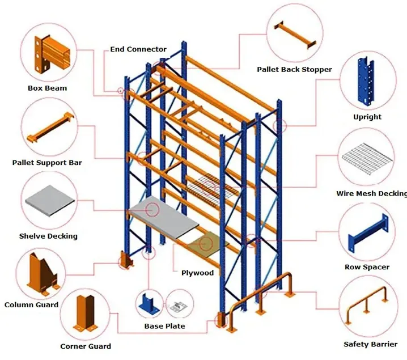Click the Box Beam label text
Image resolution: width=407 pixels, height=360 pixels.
[47, 88]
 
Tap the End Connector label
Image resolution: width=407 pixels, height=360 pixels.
[138, 49]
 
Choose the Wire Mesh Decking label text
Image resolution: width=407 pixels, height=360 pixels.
[371, 193]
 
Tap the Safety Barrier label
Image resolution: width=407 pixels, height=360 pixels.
[371, 344]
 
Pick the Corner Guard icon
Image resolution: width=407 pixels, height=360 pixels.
[87, 314]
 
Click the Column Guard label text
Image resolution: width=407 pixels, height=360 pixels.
[31, 304]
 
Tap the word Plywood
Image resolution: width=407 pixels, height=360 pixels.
[197, 273]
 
